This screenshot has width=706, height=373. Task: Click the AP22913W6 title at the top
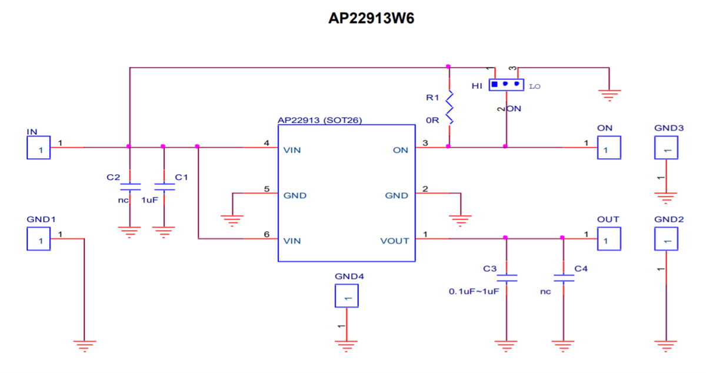(371, 18)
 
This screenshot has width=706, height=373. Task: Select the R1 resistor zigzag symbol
(449, 107)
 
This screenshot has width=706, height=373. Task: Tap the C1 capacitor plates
(164, 187)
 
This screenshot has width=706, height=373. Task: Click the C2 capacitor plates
(130, 187)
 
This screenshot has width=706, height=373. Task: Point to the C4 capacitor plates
(563, 278)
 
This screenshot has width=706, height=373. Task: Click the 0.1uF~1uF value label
(474, 292)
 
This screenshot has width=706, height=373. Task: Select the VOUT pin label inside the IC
(394, 241)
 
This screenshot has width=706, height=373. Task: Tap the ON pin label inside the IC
(400, 150)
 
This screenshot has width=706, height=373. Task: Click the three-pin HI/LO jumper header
(506, 84)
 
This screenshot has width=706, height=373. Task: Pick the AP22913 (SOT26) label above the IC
(319, 120)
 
